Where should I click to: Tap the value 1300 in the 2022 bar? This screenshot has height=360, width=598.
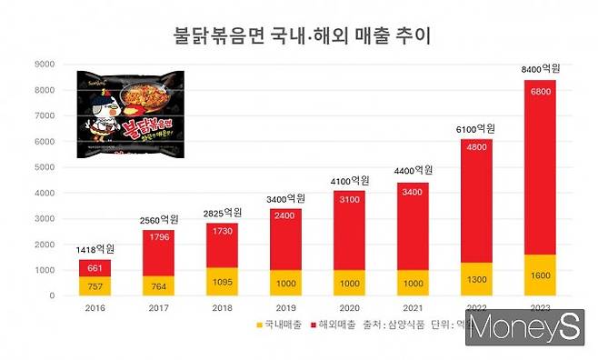tap(475, 279)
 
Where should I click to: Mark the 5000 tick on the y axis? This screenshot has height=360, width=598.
tap(43, 167)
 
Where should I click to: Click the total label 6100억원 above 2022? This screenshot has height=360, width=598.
tap(475, 129)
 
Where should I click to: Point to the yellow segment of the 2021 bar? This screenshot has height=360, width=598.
tap(412, 283)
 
